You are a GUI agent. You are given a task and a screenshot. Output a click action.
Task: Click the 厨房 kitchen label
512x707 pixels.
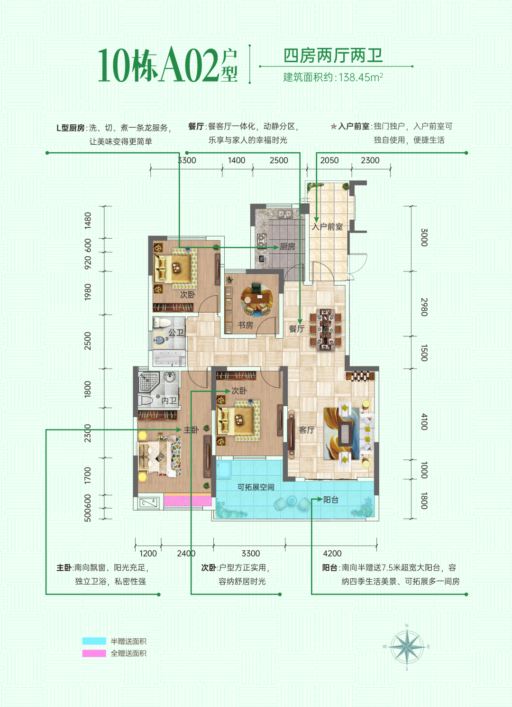tap(287, 247)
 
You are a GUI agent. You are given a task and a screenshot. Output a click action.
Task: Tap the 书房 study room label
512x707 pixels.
tap(246, 325)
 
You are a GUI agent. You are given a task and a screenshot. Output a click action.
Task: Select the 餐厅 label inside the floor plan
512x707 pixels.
tap(297, 329)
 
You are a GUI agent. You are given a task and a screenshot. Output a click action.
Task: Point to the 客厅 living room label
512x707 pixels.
tap(307, 430)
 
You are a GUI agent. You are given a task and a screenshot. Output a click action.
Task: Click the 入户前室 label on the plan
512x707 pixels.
tap(327, 227)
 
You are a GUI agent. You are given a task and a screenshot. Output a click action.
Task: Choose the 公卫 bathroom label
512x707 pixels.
tap(176, 333)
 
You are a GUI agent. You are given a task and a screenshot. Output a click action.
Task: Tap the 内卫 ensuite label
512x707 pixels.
tap(169, 401)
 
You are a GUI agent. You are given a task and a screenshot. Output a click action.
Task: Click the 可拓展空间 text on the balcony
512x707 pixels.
tap(256, 487)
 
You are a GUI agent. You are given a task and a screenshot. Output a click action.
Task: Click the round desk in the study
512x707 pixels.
tap(256, 299)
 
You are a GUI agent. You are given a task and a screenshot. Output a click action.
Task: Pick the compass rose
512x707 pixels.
tap(407, 646)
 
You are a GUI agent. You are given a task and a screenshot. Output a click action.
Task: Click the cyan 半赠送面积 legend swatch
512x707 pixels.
tap(94, 641)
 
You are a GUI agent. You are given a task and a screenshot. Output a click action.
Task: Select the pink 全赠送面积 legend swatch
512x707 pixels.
tap(94, 653)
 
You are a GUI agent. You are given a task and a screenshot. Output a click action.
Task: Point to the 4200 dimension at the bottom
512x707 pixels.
tap(332, 553)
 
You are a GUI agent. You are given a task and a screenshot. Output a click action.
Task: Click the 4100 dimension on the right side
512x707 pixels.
tap(424, 421)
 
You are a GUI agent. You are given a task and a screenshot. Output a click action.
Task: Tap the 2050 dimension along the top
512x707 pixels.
tap(329, 160)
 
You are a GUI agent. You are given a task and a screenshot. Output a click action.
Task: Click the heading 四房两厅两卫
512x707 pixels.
tap(333, 56)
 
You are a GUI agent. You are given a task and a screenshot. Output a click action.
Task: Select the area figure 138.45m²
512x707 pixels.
tap(360, 77)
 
